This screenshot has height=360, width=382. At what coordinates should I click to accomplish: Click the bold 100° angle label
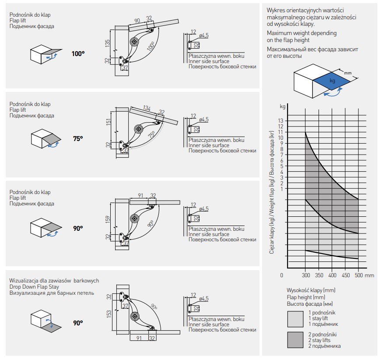pyautogui.click(x=78, y=54)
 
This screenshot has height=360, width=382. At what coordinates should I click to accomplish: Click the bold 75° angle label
pyautogui.click(x=77, y=139)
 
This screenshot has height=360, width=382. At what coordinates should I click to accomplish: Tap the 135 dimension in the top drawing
pyautogui.click(x=107, y=42)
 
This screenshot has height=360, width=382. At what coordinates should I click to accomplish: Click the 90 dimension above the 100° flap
pyautogui.click(x=137, y=21)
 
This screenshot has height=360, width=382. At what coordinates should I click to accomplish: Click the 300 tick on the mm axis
pyautogui.click(x=306, y=275)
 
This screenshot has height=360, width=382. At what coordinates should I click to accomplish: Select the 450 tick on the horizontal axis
pyautogui.click(x=346, y=275)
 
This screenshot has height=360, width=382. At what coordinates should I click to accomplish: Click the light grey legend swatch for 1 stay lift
pyautogui.click(x=295, y=318)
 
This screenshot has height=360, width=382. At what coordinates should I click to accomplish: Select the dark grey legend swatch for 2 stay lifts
pyautogui.click(x=295, y=340)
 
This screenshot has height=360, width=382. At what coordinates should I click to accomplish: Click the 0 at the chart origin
pyautogui.click(x=282, y=275)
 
